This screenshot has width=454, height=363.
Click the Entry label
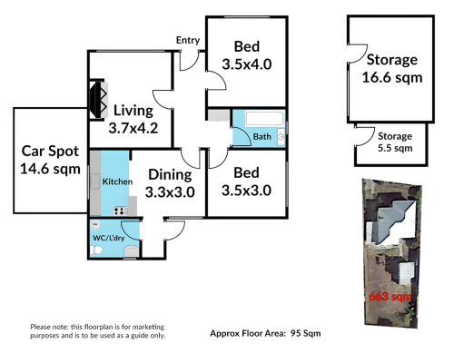[188, 40]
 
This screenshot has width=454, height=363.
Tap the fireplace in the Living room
[99, 100]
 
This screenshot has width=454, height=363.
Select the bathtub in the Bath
[264, 118]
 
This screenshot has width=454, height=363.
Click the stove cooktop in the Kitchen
[120, 211]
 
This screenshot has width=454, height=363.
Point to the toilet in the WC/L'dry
[96, 250]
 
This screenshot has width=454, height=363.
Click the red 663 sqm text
[390, 296]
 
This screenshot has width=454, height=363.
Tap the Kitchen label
[117, 181]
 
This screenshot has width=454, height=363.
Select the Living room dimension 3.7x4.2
[133, 128]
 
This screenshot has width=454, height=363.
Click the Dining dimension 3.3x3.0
[170, 192]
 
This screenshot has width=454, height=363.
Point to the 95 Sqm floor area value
[306, 333]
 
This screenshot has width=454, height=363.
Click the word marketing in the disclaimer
[148, 327]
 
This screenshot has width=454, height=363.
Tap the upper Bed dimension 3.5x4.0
[247, 64]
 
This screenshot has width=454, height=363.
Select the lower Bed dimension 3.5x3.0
[246, 191]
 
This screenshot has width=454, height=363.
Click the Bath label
[262, 137]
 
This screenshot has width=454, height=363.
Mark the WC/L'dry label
[109, 238]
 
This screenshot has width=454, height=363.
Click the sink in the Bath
[281, 137]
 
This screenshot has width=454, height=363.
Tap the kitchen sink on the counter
[94, 181]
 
